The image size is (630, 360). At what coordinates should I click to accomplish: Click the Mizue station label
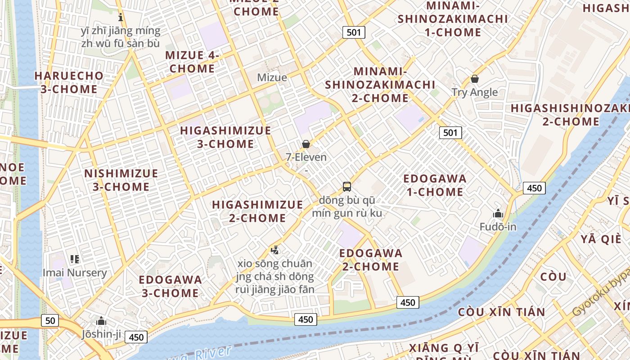272,77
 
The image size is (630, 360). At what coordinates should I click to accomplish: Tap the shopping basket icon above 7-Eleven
306,144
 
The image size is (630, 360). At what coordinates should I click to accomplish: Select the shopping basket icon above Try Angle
474,79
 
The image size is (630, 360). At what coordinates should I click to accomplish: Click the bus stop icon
346,186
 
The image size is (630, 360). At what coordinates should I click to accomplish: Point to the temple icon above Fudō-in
498,213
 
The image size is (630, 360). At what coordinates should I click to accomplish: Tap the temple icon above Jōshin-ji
101,321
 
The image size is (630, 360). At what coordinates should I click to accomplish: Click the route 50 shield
50,320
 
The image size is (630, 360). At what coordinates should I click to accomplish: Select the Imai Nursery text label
75,273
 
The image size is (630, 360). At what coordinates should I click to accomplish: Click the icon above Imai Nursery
75,259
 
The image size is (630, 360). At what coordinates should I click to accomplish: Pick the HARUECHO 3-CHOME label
69,82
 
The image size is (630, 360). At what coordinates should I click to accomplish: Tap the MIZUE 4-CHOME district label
192,62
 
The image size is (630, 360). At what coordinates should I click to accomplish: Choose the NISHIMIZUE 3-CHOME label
121,180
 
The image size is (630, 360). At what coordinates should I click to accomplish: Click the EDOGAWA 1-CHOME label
435,185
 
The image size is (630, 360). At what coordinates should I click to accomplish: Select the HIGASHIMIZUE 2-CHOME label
257,211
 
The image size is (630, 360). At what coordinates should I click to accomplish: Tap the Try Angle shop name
475,92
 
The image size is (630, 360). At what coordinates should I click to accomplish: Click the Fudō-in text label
498,227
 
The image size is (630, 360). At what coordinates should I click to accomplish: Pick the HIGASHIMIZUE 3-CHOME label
225,137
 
